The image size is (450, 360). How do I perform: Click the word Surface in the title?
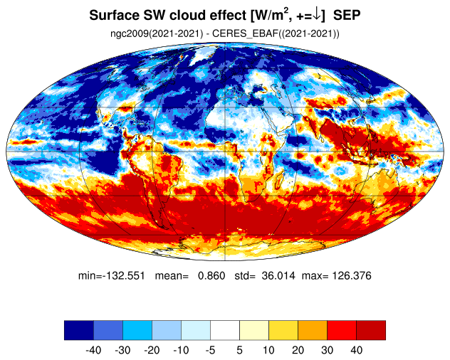[x=114, y=15]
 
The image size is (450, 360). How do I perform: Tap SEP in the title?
[x=347, y=15]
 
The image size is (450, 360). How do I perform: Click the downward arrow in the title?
[x=316, y=16]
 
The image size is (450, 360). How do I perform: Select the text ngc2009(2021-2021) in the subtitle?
[x=157, y=34]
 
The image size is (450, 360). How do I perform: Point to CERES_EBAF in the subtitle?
[x=246, y=34]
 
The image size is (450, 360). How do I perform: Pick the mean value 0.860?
[x=211, y=275]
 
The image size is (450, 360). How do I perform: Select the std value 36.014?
[x=278, y=275]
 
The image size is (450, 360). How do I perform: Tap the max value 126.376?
[x=352, y=275]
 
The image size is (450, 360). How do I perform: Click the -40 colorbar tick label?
[x=93, y=350]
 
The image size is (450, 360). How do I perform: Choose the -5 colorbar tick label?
[x=210, y=350]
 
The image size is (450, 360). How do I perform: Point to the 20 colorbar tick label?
[x=298, y=350]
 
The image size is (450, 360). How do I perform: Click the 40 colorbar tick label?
[x=356, y=350]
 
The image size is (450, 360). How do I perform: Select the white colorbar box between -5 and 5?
[x=225, y=330]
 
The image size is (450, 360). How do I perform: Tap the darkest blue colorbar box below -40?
[x=79, y=330]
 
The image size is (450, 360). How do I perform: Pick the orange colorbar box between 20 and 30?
[x=313, y=330]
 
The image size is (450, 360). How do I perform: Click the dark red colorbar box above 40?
[x=371, y=330]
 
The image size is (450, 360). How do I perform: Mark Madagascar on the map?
[x=279, y=181]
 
